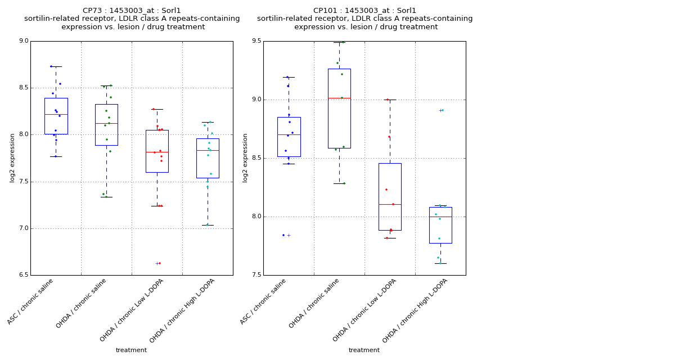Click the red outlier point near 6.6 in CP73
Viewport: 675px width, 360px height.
(x=160, y=263)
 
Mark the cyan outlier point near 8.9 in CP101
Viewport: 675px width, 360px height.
(x=443, y=110)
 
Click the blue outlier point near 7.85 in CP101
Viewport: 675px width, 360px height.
(x=283, y=235)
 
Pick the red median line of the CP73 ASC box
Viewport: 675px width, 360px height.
(x=56, y=114)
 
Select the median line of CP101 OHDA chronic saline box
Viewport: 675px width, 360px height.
(x=339, y=98)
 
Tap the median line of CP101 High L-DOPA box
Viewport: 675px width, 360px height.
(x=440, y=217)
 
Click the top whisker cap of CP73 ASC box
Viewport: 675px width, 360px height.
(x=56, y=66)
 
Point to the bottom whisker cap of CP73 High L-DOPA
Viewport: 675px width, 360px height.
(x=208, y=225)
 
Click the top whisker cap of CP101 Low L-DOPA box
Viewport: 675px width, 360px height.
(x=390, y=100)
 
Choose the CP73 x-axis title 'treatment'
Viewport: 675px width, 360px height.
(x=131, y=350)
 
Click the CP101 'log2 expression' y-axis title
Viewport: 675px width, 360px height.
(x=245, y=157)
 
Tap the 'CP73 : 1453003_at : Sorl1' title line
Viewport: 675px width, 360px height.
(x=132, y=11)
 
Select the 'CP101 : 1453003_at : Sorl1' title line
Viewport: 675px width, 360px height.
(x=364, y=11)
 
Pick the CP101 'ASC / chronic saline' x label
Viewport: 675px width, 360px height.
(x=264, y=301)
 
